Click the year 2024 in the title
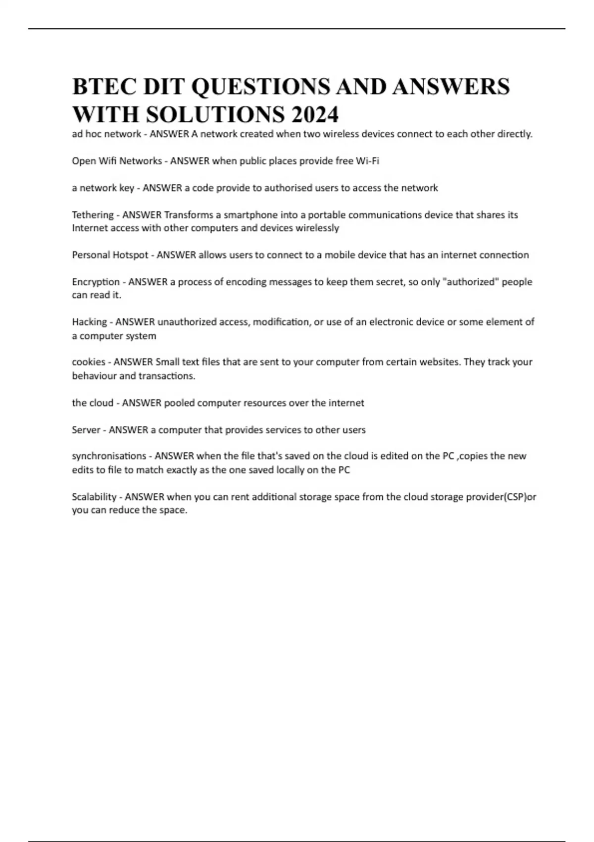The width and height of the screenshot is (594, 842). click(315, 114)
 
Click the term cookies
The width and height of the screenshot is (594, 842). click(89, 362)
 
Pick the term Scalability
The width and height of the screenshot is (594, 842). click(94, 497)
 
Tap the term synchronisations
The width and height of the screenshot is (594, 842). click(109, 456)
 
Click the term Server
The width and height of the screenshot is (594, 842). click(86, 430)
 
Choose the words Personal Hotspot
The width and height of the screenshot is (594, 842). click(110, 255)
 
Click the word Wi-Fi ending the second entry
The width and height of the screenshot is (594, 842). click(367, 161)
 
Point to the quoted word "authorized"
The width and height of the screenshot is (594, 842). click(470, 282)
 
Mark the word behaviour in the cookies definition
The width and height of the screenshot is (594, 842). click(94, 376)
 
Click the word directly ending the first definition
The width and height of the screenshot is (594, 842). click(516, 134)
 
